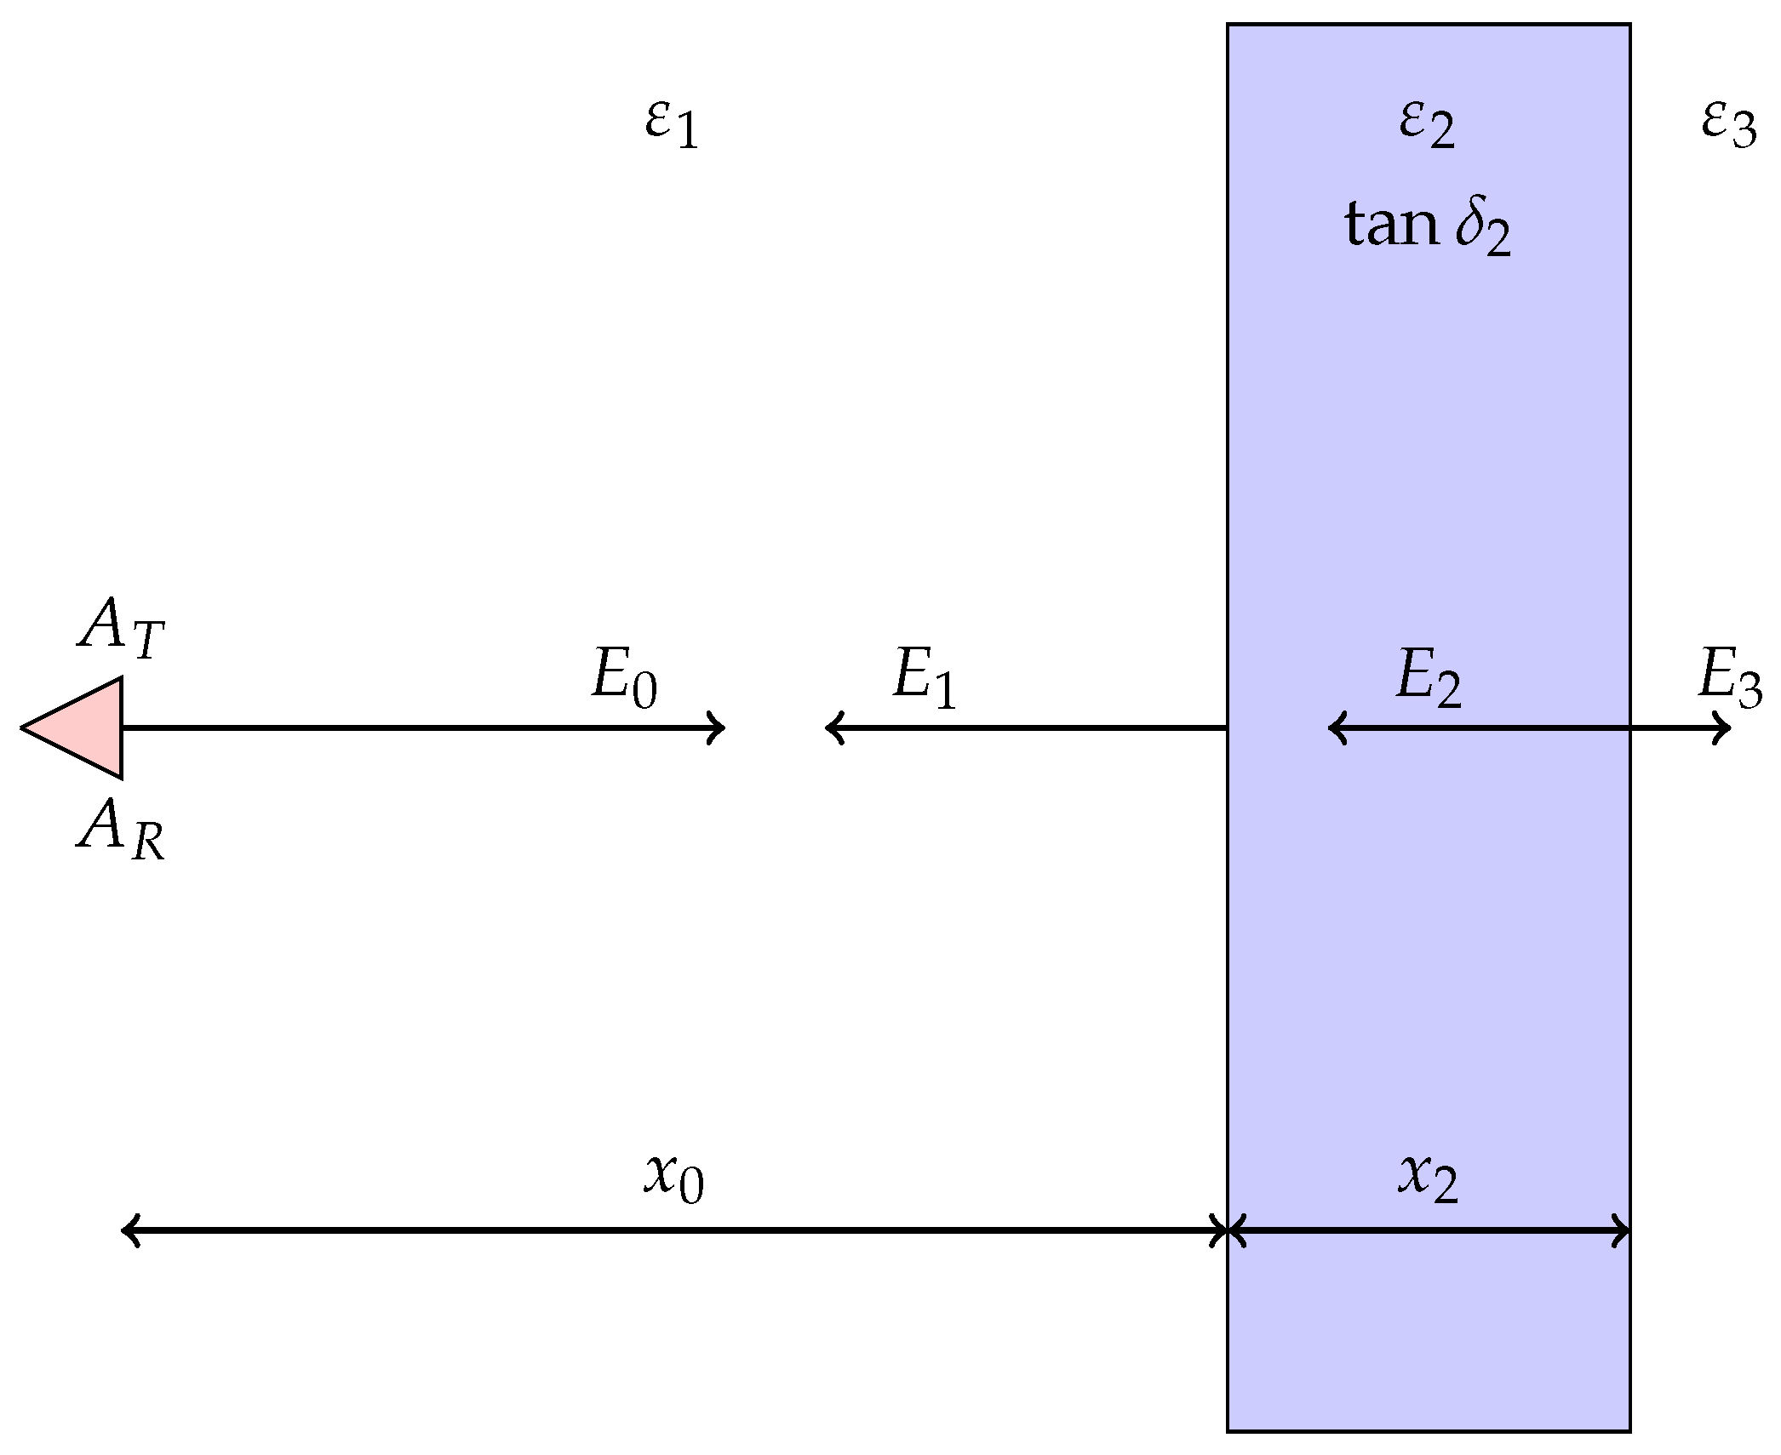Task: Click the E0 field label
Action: pyautogui.click(x=624, y=678)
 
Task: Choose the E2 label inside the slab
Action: pyautogui.click(x=1428, y=678)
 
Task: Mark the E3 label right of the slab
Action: pyautogui.click(x=1729, y=678)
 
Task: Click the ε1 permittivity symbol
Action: pyautogui.click(x=672, y=125)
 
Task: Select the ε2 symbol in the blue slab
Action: pyautogui.click(x=1427, y=125)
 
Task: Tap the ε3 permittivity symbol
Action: pyautogui.click(x=1728, y=125)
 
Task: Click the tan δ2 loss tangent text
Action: pyautogui.click(x=1428, y=226)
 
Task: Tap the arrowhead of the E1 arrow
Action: pyautogui.click(x=832, y=727)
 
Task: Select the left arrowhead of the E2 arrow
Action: pyautogui.click(x=1335, y=727)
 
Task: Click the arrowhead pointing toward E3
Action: pyautogui.click(x=1725, y=727)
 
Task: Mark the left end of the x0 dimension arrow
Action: pyautogui.click(x=128, y=1230)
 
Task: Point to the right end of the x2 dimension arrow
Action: pyautogui.click(x=1624, y=1230)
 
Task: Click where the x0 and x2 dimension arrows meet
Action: pyautogui.click(x=1227, y=1230)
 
